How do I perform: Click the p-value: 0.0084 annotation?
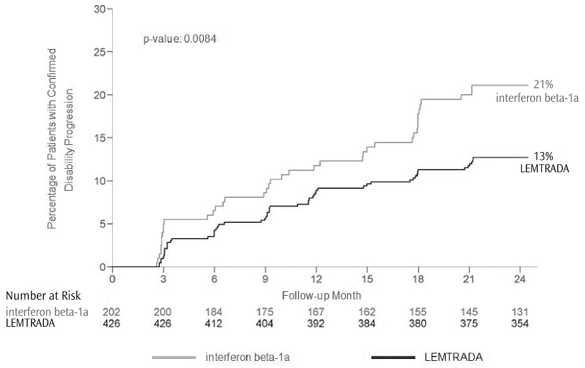click(179, 39)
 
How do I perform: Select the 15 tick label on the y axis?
click(99, 138)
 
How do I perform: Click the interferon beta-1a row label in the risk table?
click(46, 312)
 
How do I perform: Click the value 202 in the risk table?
click(112, 312)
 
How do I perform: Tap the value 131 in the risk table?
click(519, 312)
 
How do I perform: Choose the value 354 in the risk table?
click(519, 324)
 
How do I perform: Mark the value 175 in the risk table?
click(264, 312)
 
